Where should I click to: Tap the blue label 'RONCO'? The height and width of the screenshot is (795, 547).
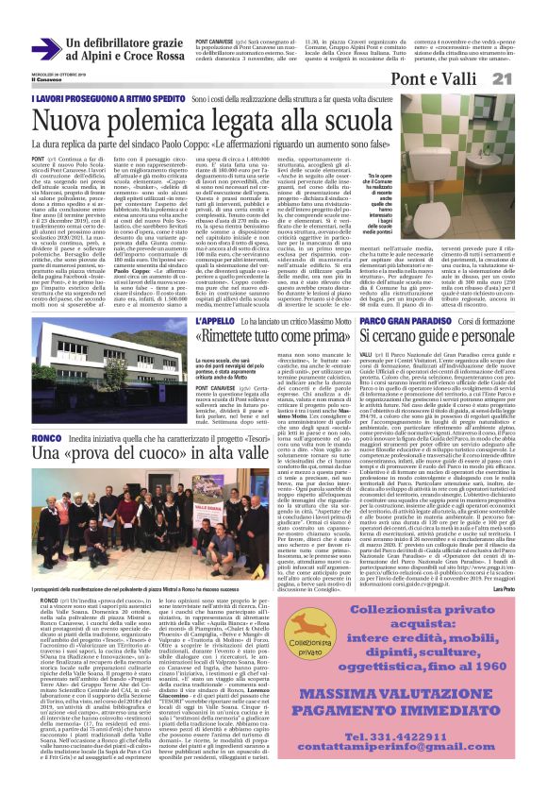[46, 438]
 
